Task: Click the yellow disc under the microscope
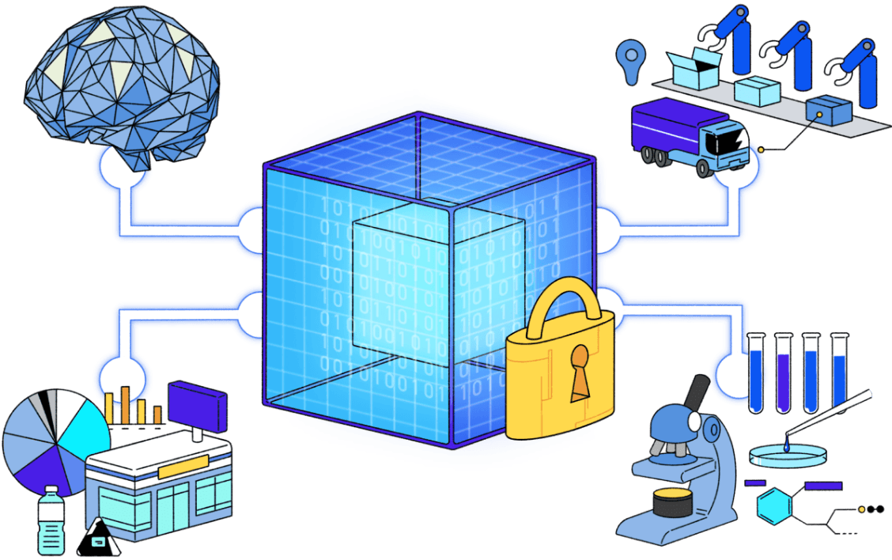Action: pyautogui.click(x=671, y=498)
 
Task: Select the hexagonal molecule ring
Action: pyautogui.click(x=774, y=506)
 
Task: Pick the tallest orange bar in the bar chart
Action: pyautogui.click(x=124, y=404)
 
